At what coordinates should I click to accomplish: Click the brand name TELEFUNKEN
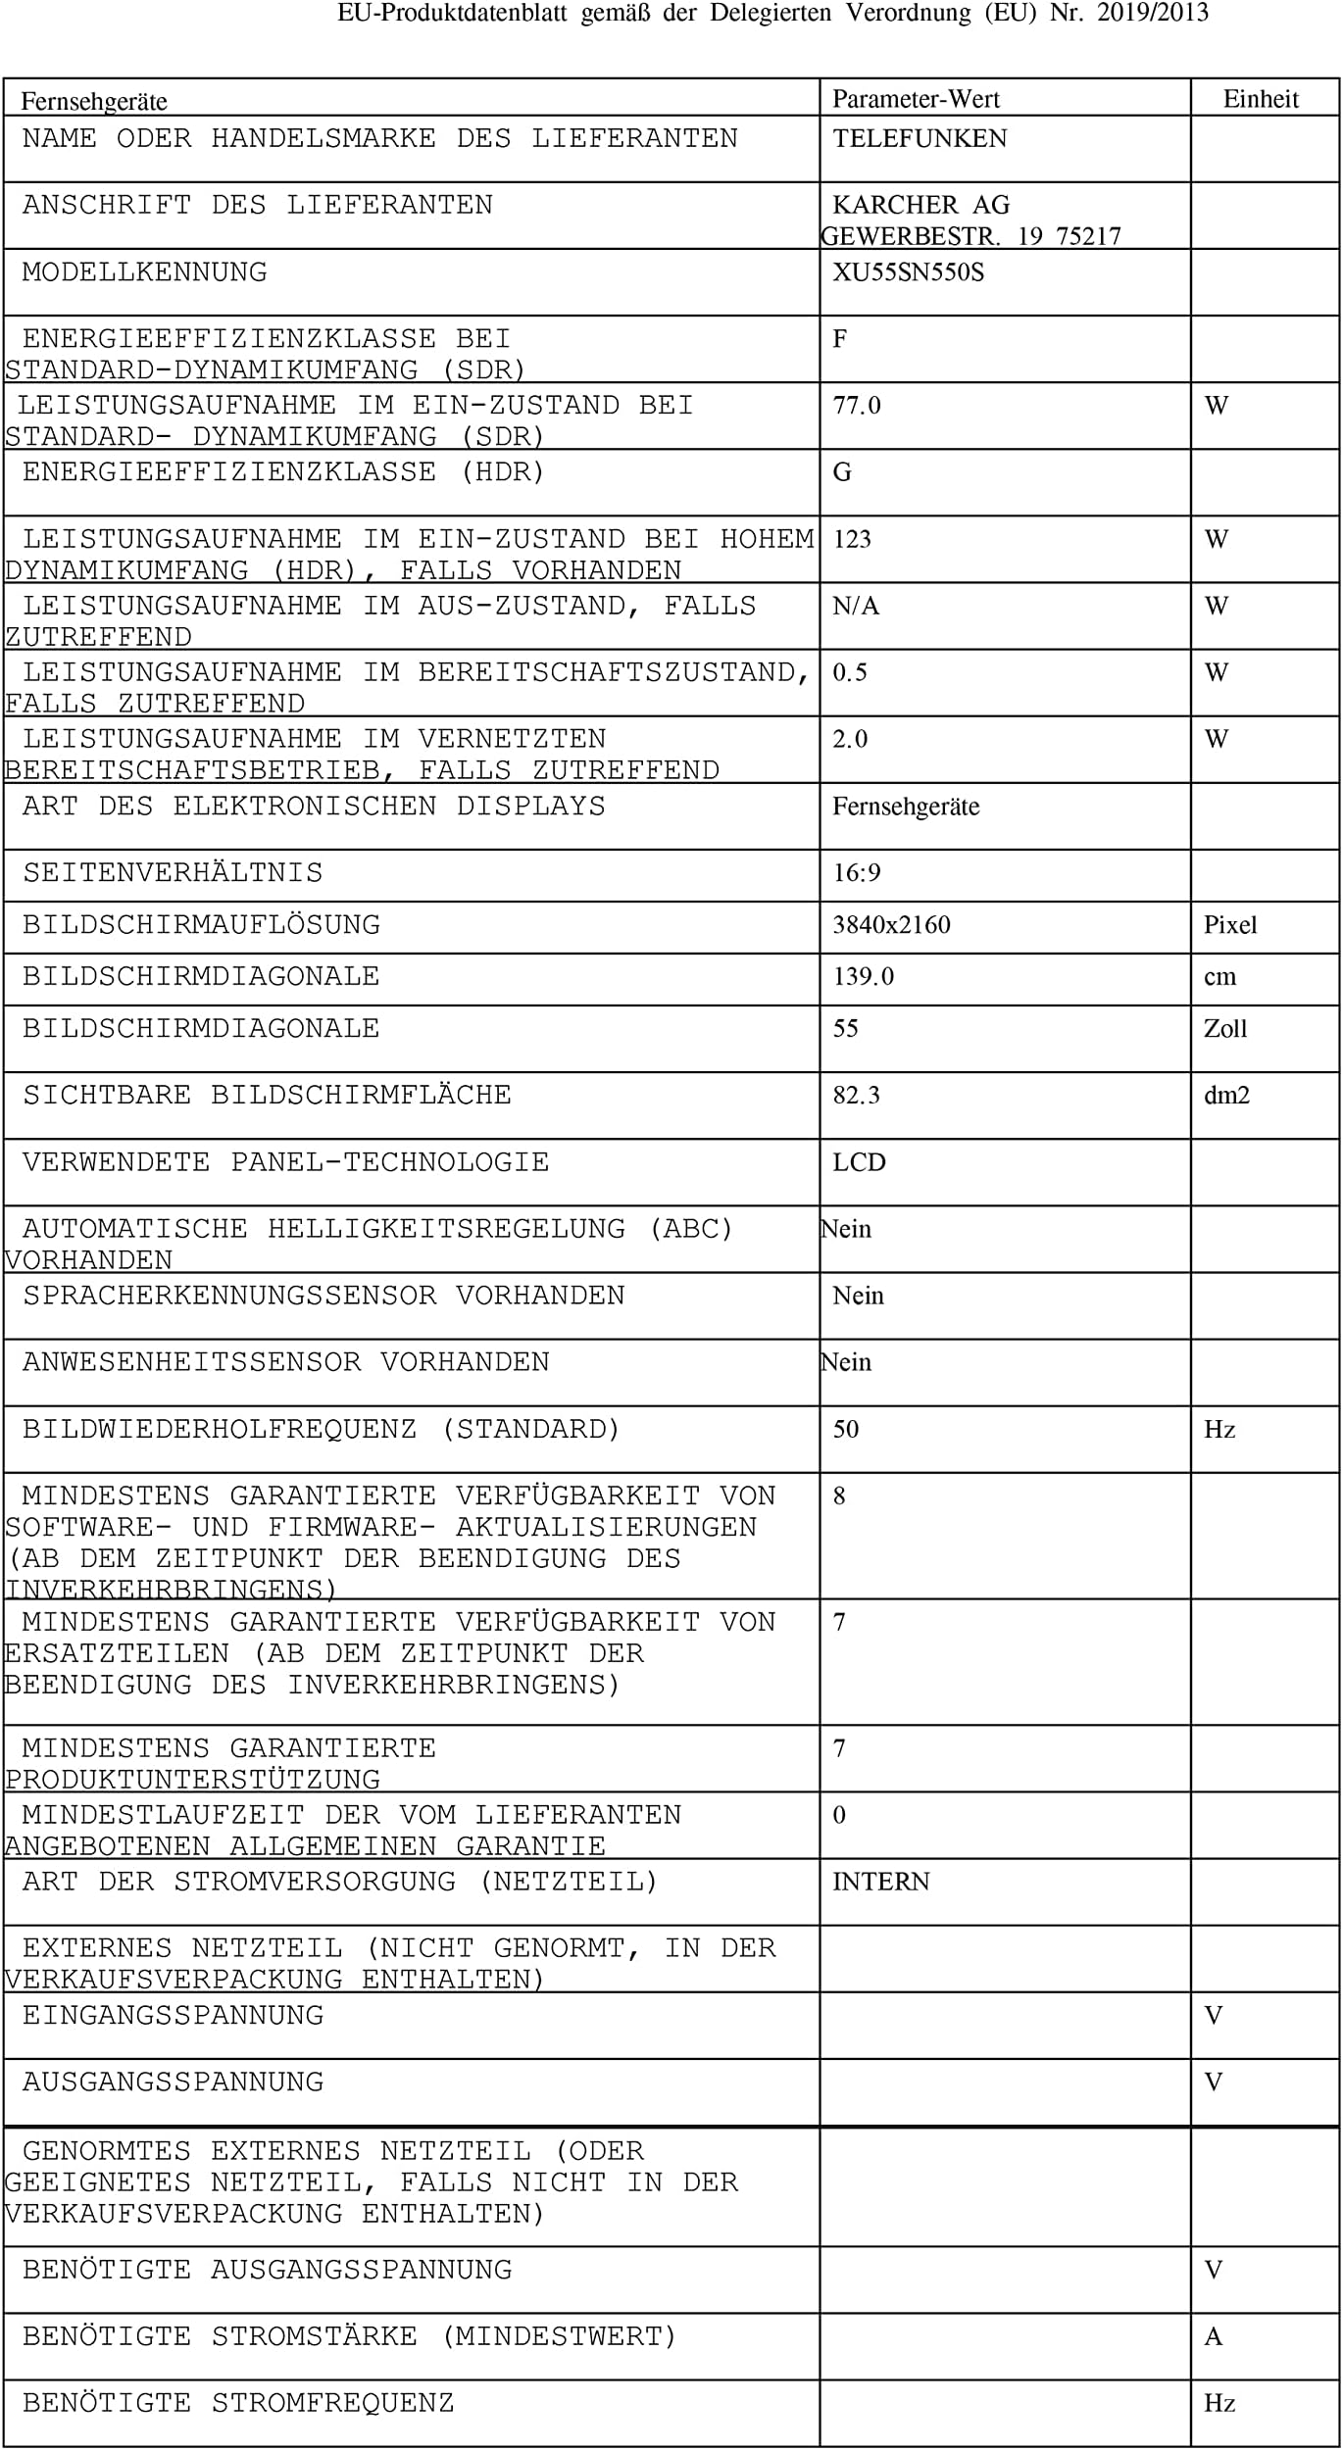coord(920,138)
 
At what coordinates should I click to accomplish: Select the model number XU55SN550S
coord(908,271)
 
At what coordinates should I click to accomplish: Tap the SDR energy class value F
coord(839,339)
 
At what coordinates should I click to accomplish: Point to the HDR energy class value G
coord(842,472)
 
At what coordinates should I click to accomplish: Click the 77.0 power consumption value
coord(857,406)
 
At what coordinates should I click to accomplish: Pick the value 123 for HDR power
coord(852,539)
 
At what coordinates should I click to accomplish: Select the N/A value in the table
coord(856,606)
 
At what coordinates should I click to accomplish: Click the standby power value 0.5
coord(850,672)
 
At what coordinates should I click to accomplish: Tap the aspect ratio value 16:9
coord(857,872)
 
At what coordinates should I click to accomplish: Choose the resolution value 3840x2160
coord(891,924)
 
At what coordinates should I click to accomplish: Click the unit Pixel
coord(1230,924)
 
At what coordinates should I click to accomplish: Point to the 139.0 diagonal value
coord(864,976)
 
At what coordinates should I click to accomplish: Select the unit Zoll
coord(1225,1028)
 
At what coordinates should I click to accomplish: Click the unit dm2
coord(1226,1095)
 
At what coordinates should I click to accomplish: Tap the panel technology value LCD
coord(859,1162)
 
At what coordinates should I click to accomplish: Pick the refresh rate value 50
coord(846,1429)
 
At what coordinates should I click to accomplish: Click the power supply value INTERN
coord(880,1881)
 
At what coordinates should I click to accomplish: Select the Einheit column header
coord(1261,99)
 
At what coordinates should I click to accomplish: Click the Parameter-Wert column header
coord(916,99)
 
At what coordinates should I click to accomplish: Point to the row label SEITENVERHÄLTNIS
coord(173,872)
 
